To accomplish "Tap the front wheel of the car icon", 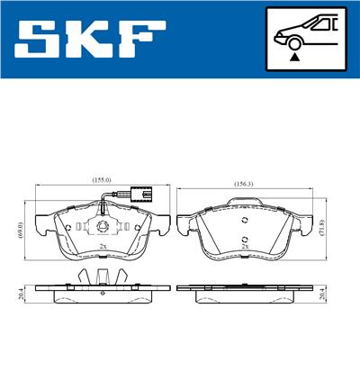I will click(293, 41).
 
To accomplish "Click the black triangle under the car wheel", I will click(293, 56).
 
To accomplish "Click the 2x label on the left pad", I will click(102, 247).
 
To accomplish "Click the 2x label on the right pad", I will click(245, 246).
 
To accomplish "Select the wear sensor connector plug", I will click(139, 194).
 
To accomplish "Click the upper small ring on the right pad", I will click(244, 220).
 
